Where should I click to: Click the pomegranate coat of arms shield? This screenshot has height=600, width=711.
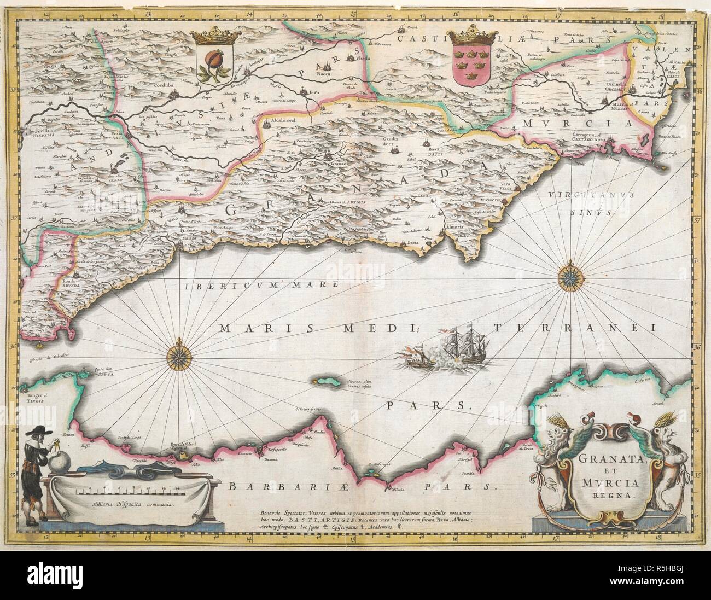pos(214,64)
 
